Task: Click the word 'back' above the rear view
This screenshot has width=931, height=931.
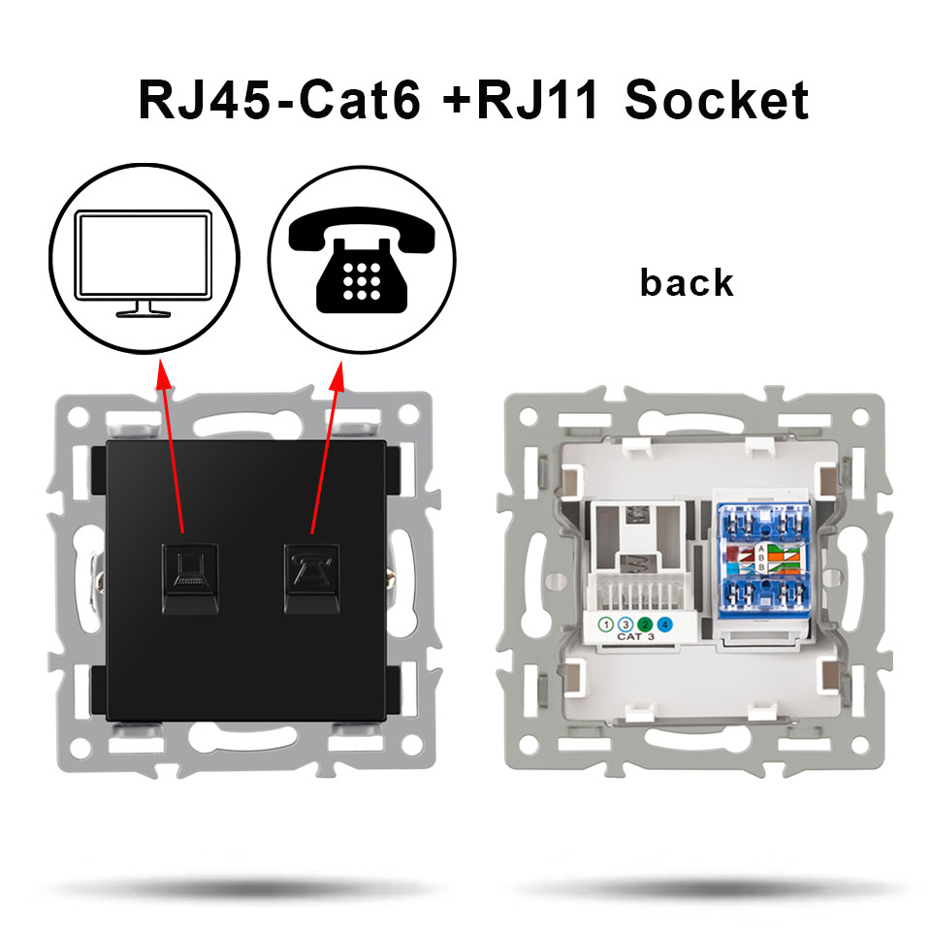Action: [687, 282]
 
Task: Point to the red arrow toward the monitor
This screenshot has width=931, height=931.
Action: [172, 446]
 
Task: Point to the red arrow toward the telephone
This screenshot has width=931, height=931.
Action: [326, 446]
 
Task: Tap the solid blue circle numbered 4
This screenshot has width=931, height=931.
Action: [664, 625]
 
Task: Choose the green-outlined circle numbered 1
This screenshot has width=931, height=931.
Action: [605, 625]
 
